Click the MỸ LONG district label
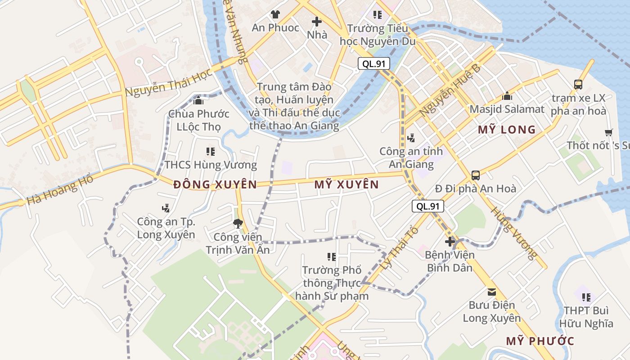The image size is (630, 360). [x=507, y=130]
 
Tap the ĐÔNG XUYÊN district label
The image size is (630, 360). [x=215, y=184]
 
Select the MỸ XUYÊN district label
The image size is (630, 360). [x=346, y=184]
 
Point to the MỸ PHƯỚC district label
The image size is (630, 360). [x=540, y=341]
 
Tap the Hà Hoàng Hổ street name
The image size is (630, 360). [x=60, y=190]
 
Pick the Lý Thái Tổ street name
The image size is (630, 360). [x=399, y=248]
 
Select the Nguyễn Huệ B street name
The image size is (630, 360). [x=450, y=90]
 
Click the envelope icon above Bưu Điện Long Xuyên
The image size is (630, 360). [x=492, y=292]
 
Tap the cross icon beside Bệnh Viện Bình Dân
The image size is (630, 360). [x=450, y=242]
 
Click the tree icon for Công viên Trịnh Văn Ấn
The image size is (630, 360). [x=238, y=223]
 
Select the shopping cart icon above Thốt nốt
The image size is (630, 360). [x=609, y=132]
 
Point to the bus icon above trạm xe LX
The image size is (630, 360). [x=578, y=84]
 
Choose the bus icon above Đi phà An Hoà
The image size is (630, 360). [x=476, y=175]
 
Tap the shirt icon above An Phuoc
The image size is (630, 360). [x=275, y=14]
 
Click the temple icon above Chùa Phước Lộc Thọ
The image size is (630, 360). [x=198, y=100]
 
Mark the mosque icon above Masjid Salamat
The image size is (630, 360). [x=507, y=96]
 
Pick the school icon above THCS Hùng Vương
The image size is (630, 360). [x=210, y=152]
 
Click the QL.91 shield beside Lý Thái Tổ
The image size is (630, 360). [x=428, y=207]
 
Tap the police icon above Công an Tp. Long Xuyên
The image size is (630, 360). [x=166, y=208]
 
